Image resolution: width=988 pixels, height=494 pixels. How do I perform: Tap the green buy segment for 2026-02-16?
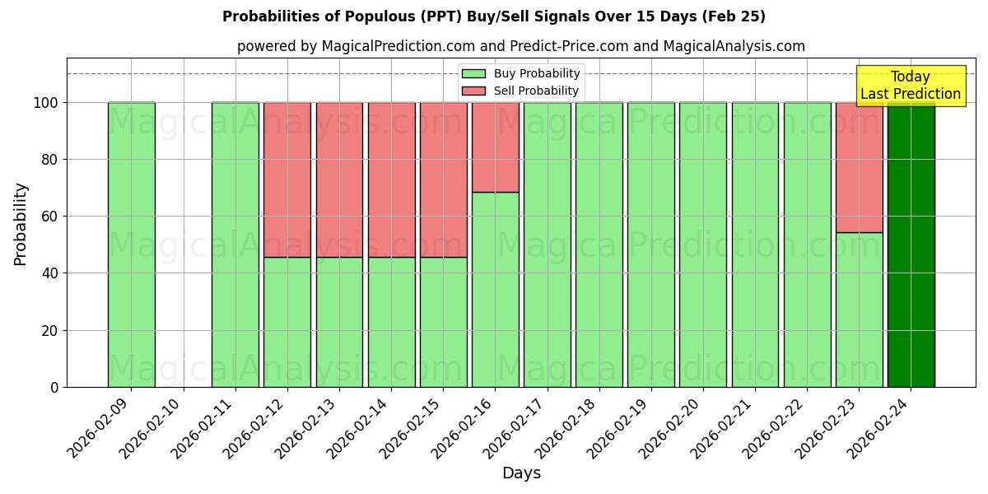pyautogui.click(x=495, y=289)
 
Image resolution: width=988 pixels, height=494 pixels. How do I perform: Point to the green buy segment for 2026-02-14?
pyautogui.click(x=391, y=322)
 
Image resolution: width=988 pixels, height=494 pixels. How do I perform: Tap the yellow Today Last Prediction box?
pyautogui.click(x=910, y=86)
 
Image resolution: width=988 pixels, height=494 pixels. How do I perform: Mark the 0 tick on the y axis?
pyautogui.click(x=54, y=387)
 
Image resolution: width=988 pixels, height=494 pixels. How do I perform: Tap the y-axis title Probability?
pyautogui.click(x=21, y=223)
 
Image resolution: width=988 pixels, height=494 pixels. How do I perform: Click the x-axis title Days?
pyautogui.click(x=521, y=473)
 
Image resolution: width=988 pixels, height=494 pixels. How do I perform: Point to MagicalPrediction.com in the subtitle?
pyautogui.click(x=385, y=47)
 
